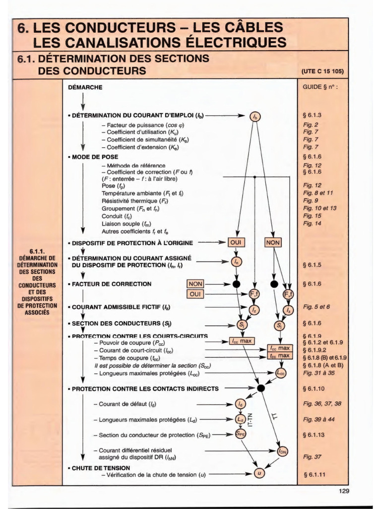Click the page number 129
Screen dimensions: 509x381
(344, 491)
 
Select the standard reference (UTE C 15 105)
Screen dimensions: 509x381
(322, 71)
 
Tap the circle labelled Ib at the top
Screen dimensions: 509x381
(255, 117)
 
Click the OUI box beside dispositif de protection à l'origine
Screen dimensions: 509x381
(237, 243)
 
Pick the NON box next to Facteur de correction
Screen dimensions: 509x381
(195, 284)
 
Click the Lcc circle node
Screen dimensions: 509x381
(281, 372)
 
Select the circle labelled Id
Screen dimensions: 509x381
(240, 403)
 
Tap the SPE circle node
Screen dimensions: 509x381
(240, 434)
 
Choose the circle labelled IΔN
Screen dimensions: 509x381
(282, 451)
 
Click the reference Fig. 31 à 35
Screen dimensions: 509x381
(318, 372)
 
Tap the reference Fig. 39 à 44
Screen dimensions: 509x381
(318, 419)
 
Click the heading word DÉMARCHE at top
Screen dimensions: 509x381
(85, 87)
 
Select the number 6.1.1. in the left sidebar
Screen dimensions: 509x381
(37, 252)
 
